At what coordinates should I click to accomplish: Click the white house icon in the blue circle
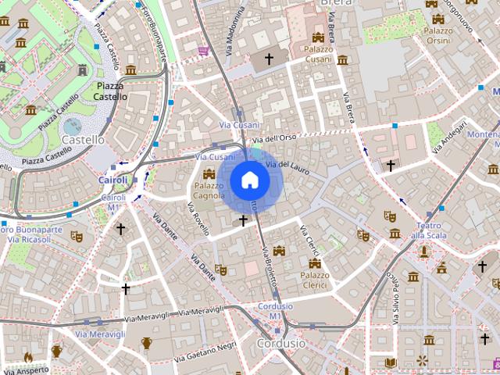point(249,180)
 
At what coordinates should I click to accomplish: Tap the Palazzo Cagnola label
point(209,191)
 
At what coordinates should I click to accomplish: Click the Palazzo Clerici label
point(315,280)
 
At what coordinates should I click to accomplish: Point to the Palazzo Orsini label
point(437,35)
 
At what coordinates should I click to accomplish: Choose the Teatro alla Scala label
point(428,230)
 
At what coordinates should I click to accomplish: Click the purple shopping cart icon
point(203,51)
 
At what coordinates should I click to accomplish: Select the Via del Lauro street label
point(283,166)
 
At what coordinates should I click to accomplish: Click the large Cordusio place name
point(281,343)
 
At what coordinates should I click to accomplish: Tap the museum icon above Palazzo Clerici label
point(315,263)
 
